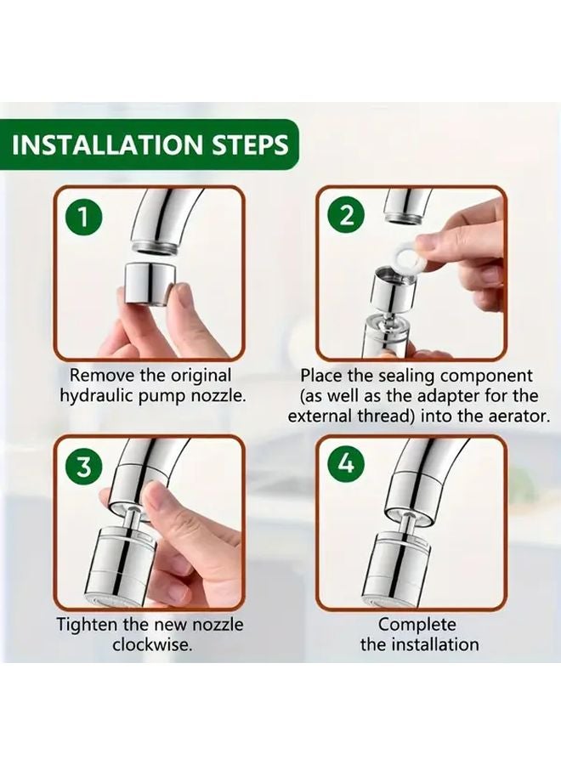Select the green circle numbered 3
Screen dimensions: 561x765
click(x=84, y=466)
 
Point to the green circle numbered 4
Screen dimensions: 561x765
click(x=346, y=464)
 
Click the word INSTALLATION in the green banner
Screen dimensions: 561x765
click(x=107, y=144)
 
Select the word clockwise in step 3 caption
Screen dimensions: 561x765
click(x=152, y=645)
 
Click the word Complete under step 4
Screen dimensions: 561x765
click(x=417, y=625)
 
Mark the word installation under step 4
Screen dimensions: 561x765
click(x=436, y=645)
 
